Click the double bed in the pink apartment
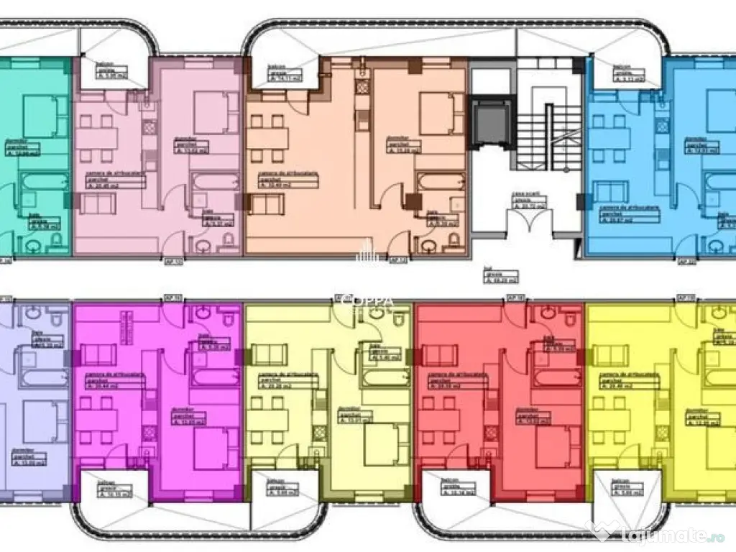pos(211,113)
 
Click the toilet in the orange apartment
pos(429,247)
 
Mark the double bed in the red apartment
pos(554,446)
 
